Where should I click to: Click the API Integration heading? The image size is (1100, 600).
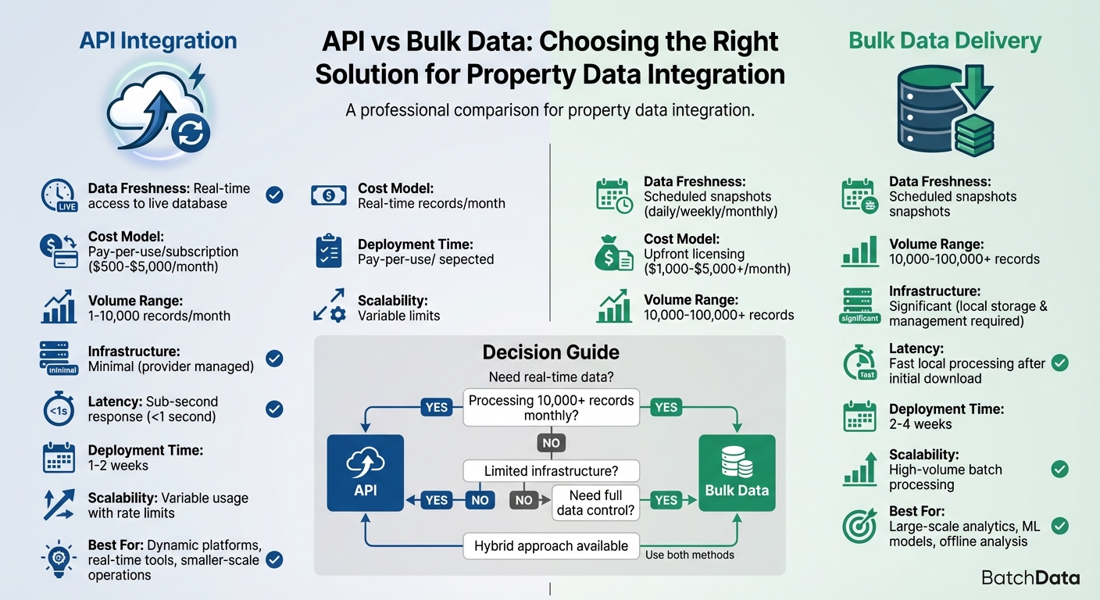tap(158, 40)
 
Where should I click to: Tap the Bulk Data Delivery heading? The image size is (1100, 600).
tap(945, 40)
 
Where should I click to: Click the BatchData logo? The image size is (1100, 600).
tap(1030, 578)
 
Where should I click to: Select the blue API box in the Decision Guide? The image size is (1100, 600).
tap(365, 473)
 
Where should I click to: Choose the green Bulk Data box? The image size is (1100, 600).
tap(737, 473)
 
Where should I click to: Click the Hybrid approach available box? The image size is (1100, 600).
tap(551, 546)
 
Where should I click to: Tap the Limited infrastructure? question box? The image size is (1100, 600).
tap(551, 471)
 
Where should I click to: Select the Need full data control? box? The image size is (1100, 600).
tap(595, 503)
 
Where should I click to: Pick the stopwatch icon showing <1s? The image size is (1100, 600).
tap(58, 409)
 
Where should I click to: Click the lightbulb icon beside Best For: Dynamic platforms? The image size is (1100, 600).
tap(58, 559)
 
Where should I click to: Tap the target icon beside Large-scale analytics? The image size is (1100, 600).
tap(860, 527)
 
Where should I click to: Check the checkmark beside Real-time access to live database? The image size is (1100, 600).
tap(274, 195)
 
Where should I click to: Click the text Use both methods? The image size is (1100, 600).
tap(691, 555)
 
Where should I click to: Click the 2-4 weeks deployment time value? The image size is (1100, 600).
tap(920, 424)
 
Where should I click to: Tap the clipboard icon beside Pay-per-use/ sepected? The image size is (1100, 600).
tap(329, 252)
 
